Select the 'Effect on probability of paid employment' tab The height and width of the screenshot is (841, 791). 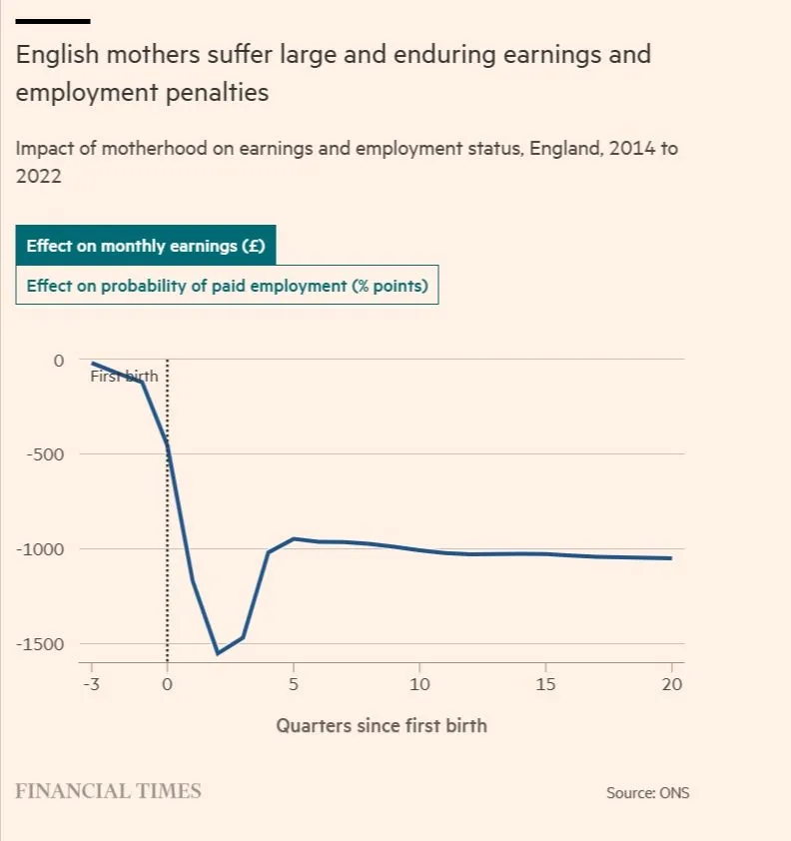227,286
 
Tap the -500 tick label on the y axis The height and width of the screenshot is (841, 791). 44,454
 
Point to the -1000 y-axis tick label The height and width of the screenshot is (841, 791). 40,549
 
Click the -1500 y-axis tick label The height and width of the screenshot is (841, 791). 40,644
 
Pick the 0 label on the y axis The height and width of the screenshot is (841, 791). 58,360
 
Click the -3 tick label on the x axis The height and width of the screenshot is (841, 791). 91,684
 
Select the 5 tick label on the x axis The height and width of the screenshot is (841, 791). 293,684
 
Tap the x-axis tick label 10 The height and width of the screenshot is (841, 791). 419,684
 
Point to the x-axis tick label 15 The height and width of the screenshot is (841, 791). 545,684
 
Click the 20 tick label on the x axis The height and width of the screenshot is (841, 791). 671,684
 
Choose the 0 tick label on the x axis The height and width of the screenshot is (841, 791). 167,684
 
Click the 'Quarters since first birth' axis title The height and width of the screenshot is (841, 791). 382,725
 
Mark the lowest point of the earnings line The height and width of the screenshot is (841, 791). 218,653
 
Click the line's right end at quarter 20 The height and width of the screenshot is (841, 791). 671,558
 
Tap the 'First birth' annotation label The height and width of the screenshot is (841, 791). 124,377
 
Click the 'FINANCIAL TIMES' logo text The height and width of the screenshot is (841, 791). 108,791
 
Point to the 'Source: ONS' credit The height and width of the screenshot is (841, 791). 647,793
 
